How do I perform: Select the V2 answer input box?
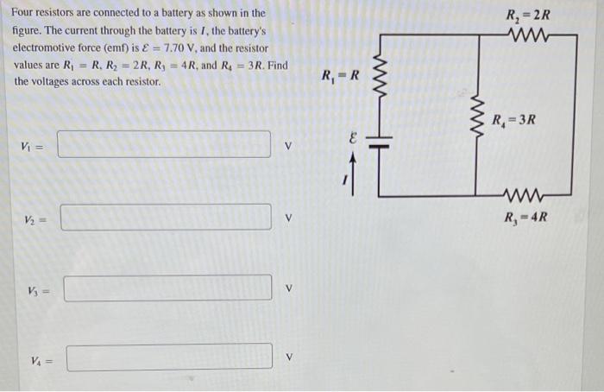(x=166, y=217)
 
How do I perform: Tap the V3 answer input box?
(x=167, y=288)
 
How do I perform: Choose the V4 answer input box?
(x=169, y=357)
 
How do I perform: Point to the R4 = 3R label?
(x=514, y=119)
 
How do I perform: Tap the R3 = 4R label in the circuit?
(x=525, y=216)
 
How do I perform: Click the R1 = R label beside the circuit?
(x=340, y=76)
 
